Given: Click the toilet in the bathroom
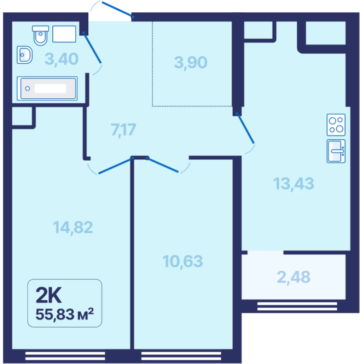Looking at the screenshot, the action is point(41,35).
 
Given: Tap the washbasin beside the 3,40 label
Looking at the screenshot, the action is point(25,55).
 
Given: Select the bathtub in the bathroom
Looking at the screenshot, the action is point(47,88).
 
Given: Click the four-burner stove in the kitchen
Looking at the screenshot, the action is point(336,125).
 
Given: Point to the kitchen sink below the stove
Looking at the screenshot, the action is point(336,151).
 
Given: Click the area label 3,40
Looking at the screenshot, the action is point(61,59).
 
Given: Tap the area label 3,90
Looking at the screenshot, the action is point(190,62).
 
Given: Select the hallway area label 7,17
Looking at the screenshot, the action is point(123,130).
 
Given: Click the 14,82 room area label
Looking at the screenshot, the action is point(73,227).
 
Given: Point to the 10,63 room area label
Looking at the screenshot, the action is point(183,261).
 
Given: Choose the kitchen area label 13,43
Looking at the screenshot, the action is point(294,184).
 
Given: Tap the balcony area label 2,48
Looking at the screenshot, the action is point(294,277).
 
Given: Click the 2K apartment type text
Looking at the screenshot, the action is point(49,295).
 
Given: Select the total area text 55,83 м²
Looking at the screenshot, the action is point(65,314).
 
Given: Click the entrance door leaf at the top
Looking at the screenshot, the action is point(117,9).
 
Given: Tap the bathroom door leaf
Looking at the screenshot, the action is point(92,48).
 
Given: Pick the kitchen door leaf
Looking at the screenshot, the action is point(245,128).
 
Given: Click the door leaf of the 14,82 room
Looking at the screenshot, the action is point(116,166).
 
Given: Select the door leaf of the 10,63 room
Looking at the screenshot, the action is point(162,165).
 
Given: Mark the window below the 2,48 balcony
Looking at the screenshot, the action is point(297,306).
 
